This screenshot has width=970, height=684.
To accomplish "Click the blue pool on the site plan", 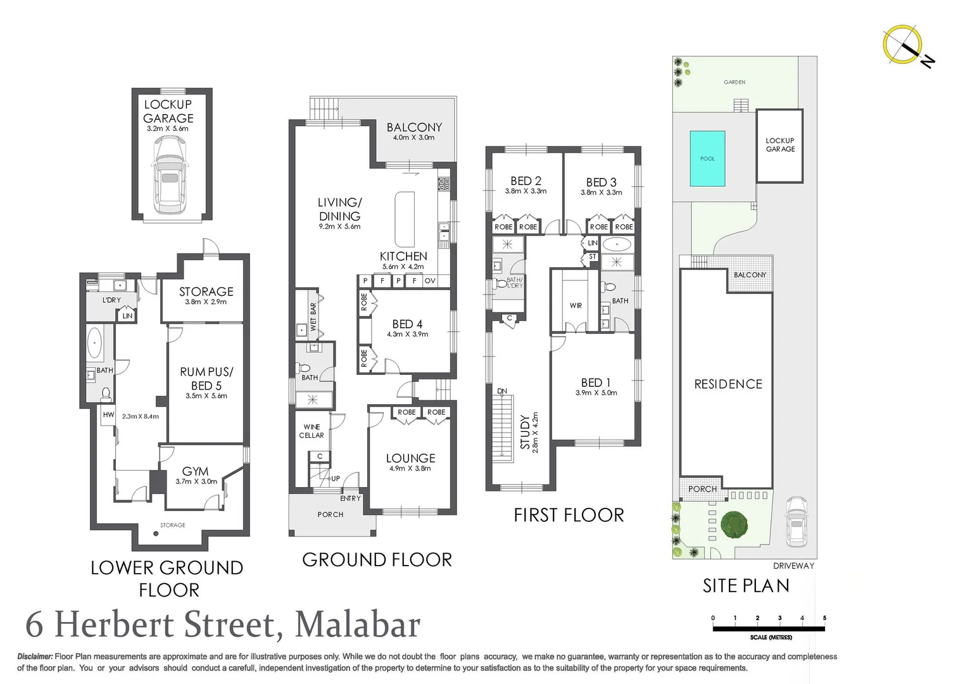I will [707, 158].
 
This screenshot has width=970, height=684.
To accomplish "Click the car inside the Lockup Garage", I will [170, 175].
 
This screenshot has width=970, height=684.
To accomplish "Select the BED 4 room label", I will [407, 324].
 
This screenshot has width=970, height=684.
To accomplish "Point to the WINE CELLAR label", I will [312, 431].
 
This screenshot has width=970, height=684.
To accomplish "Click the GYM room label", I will [195, 471].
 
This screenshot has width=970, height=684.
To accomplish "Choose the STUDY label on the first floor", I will [525, 432].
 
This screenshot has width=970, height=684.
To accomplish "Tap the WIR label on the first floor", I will [576, 306].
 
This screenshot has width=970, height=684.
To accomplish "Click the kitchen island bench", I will [405, 219].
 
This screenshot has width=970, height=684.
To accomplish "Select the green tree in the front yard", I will [734, 524].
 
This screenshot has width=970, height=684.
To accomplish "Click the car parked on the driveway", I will [796, 521].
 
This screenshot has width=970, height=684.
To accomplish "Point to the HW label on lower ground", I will [108, 415].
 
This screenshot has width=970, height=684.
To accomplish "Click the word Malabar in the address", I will [357, 624].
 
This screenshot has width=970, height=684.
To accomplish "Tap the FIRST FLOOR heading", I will [569, 516].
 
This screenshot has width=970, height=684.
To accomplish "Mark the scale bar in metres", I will [768, 628].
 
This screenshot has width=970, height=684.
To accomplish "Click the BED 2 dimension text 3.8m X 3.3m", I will [526, 191].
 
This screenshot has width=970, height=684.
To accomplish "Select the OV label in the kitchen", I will [430, 281].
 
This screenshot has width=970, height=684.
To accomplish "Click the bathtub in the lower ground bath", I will [95, 343].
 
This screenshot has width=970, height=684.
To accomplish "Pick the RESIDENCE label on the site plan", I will [728, 384].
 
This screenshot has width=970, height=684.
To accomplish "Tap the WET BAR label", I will [313, 317].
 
